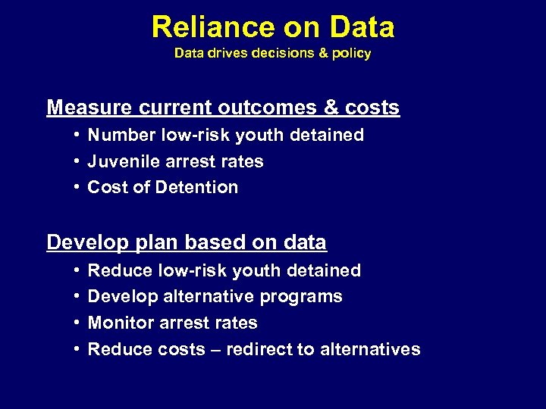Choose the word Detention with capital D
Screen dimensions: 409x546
(x=202, y=187)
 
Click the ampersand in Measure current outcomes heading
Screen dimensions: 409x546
(x=331, y=108)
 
